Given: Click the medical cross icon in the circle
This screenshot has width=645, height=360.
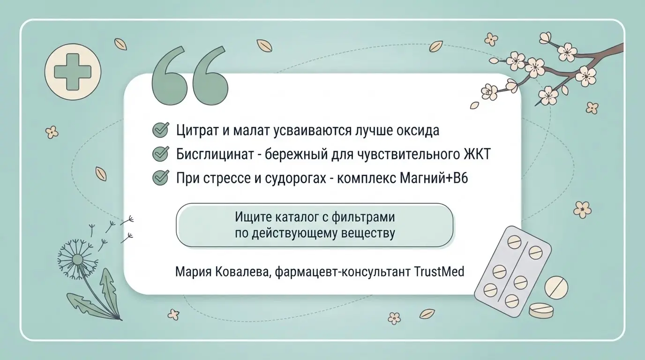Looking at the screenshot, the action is [x=73, y=72].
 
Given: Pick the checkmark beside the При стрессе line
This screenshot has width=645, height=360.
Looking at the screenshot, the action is [x=160, y=177].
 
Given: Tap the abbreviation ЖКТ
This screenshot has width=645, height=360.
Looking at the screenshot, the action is [x=477, y=154].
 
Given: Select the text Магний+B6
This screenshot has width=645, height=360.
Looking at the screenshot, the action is [x=434, y=178].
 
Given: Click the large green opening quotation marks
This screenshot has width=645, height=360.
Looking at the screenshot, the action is [x=190, y=75].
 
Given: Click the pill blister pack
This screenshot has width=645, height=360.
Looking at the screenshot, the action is [x=512, y=271].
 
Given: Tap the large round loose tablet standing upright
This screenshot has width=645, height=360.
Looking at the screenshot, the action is [x=556, y=287].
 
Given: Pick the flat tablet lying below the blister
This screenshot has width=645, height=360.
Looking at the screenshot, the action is [x=541, y=310].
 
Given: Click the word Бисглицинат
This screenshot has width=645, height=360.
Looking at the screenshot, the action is [x=215, y=155].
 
